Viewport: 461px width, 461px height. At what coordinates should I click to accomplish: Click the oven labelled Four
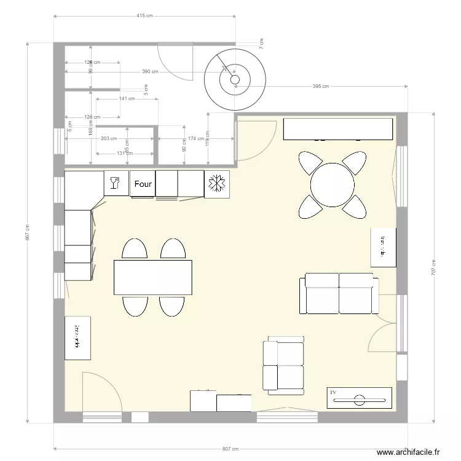point(143,184)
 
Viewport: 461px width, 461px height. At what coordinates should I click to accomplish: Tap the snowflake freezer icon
point(216,184)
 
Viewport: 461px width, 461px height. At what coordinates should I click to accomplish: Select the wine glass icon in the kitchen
point(114,182)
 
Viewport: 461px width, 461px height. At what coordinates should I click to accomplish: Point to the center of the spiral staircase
point(234,79)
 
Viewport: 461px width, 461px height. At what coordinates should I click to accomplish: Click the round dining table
point(332,184)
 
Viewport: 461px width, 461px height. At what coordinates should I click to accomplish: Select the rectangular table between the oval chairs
point(152,278)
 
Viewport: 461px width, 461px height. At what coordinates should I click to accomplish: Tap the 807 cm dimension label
point(230,449)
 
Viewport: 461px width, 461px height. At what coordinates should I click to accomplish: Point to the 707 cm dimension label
point(434,267)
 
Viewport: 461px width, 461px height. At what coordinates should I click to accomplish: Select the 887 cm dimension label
point(28,233)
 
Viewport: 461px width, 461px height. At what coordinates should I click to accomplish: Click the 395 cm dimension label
point(321,86)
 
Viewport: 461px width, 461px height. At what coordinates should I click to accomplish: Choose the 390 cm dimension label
point(150,71)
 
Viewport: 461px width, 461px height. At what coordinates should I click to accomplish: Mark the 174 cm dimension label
point(197,139)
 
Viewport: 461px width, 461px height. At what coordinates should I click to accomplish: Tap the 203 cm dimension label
point(109,139)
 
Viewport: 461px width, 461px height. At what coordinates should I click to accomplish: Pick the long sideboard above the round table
point(337,129)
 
